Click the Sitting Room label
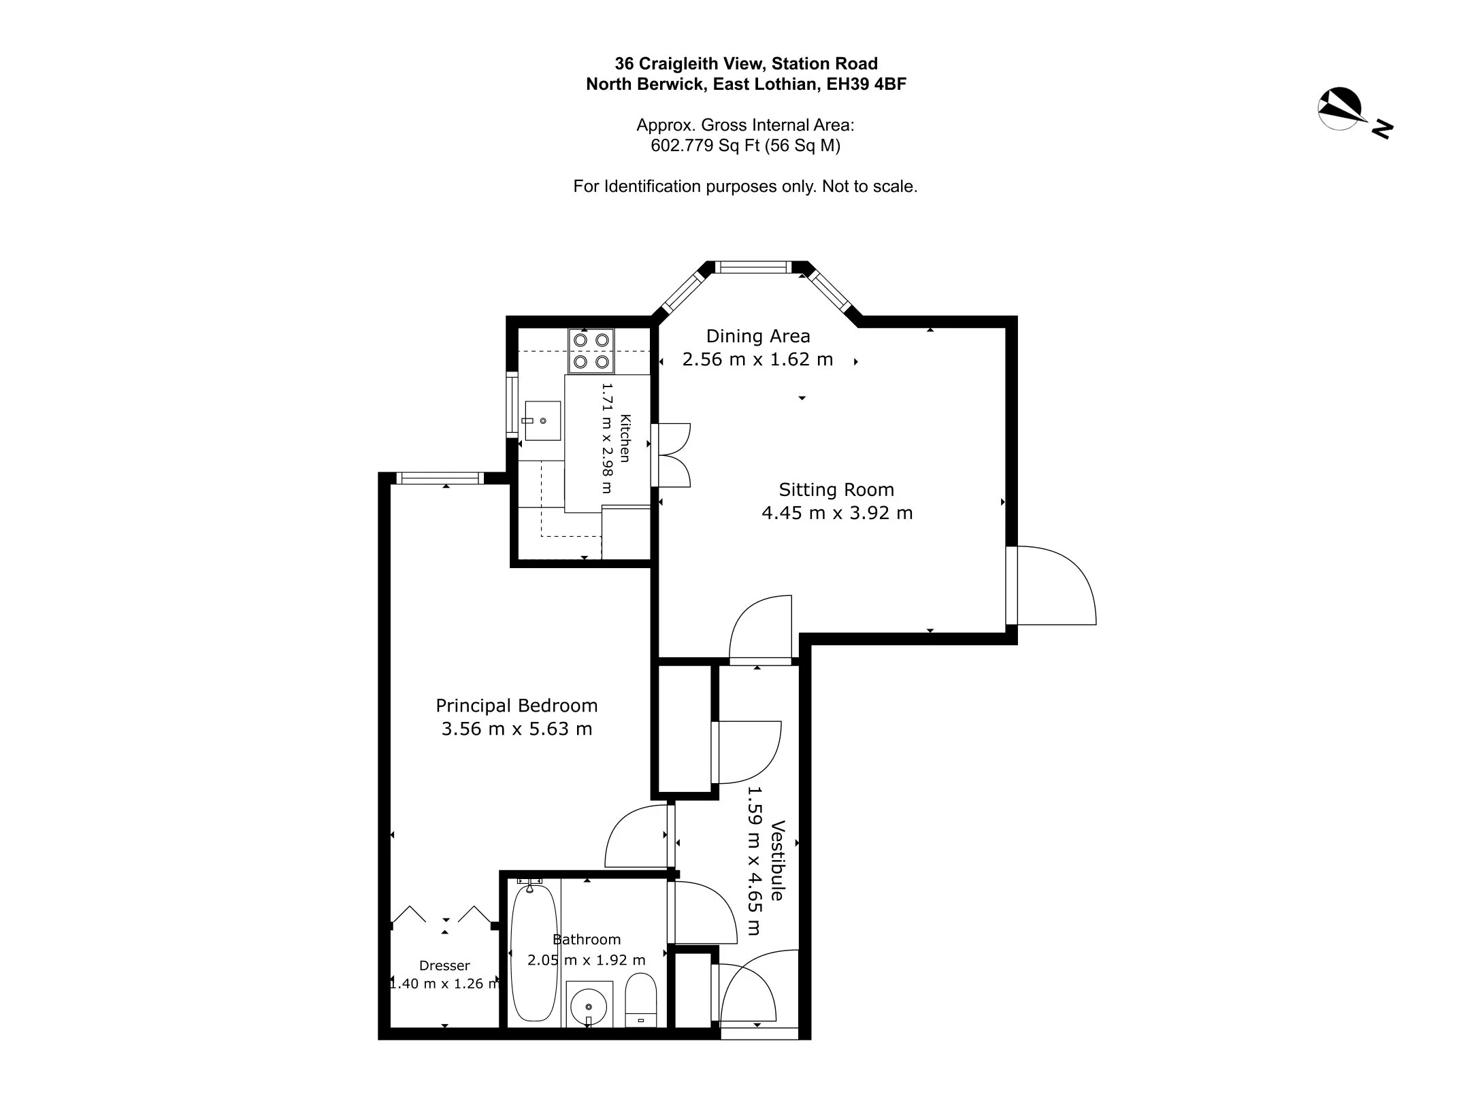836,489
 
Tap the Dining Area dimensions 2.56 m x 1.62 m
757,359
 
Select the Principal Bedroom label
516,706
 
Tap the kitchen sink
542,420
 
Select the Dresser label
444,965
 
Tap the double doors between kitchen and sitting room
671,455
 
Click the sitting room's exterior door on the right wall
1051,585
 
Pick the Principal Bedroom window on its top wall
440,478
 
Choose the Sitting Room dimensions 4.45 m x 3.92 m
837,513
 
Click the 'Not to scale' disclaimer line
745,186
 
